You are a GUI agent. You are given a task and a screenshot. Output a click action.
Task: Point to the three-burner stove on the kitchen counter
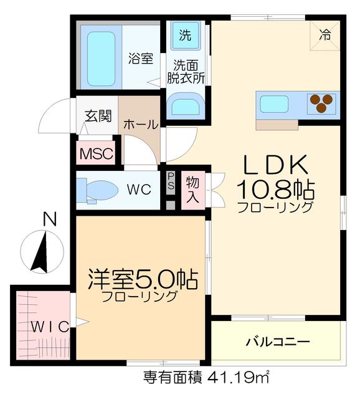click(x=322, y=103)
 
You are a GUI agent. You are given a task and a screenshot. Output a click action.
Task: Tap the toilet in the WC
click(x=99, y=190)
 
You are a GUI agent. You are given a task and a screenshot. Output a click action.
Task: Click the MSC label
click(x=95, y=153)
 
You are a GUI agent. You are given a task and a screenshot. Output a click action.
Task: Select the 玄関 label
click(x=98, y=116)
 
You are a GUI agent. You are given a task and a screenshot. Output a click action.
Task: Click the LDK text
click(x=275, y=165)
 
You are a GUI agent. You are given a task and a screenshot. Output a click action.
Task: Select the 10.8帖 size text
click(x=275, y=188)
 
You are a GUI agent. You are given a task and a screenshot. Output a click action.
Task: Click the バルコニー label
click(x=277, y=342)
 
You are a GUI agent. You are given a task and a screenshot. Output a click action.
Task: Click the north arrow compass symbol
click(x=42, y=251)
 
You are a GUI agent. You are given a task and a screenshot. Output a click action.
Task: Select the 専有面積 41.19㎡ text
click(x=206, y=377)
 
